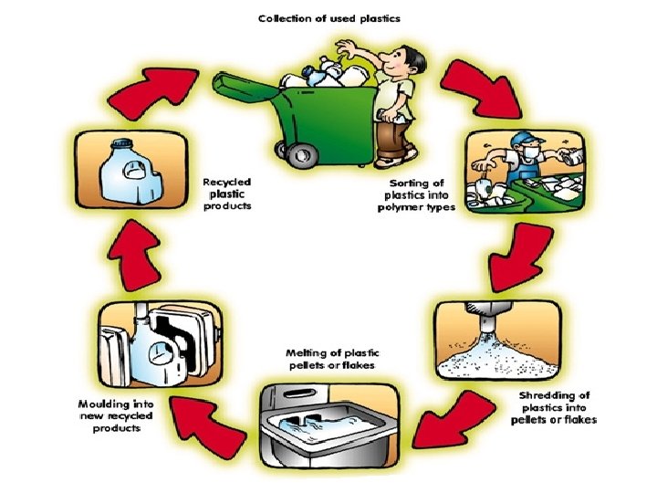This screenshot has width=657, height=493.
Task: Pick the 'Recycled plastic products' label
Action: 226,194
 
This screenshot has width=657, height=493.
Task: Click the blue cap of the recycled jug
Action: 121,145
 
